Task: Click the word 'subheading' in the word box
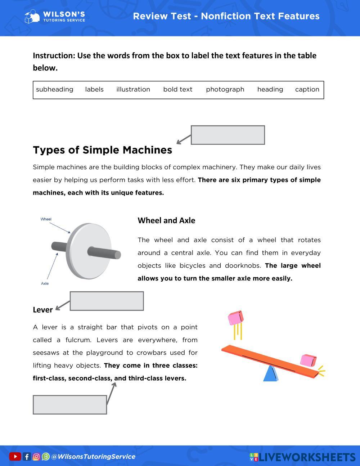[54, 89]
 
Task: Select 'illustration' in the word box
[133, 89]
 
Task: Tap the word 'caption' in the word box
[307, 89]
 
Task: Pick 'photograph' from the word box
[225, 89]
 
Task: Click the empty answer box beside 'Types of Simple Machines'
[228, 135]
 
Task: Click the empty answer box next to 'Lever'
[107, 301]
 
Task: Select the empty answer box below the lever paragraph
[70, 405]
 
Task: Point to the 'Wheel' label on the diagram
[46, 219]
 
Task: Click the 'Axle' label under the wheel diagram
[45, 283]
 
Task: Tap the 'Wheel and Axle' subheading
[166, 220]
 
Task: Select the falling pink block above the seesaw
[236, 318]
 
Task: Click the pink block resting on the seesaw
[308, 360]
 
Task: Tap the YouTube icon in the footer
[15, 457]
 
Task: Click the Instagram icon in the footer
[36, 457]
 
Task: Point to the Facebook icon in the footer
[27, 457]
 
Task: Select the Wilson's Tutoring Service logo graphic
[32, 17]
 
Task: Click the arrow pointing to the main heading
[184, 140]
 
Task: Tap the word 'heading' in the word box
[270, 89]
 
